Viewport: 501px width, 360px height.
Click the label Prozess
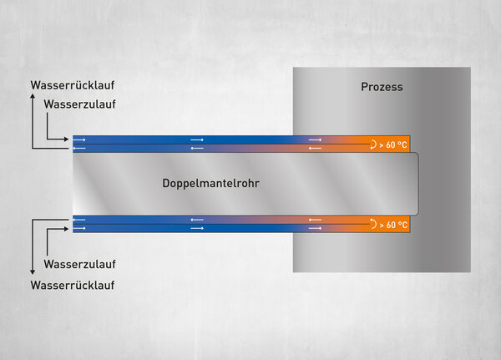(x=382, y=87)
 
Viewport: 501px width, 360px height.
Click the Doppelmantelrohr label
(x=211, y=183)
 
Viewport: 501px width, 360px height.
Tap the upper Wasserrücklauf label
(x=73, y=85)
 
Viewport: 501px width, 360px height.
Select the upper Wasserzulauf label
(x=79, y=104)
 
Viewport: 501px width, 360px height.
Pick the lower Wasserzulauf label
(x=79, y=265)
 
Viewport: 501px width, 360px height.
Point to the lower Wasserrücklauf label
(x=73, y=285)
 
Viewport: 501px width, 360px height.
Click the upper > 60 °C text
(x=393, y=145)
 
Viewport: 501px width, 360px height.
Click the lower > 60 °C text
(x=393, y=225)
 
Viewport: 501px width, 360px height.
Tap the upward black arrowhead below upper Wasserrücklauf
(x=33, y=96)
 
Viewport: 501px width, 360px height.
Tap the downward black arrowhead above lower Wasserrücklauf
(x=33, y=272)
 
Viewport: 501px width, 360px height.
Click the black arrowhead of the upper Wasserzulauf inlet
(x=66, y=139)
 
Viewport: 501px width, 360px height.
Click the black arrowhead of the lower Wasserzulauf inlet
(x=66, y=229)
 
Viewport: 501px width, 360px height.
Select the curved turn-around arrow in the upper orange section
(x=373, y=145)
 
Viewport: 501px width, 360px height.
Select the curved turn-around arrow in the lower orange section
(x=373, y=224)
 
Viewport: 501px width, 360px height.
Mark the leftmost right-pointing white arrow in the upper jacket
(x=79, y=140)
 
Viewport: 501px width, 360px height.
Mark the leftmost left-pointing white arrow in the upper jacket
(x=79, y=149)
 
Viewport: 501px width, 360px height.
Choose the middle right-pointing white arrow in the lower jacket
(x=197, y=228)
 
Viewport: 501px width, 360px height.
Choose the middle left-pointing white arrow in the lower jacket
(x=197, y=220)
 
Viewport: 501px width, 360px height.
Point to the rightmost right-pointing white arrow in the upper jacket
(x=315, y=140)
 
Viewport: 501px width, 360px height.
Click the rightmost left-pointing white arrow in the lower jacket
(x=315, y=220)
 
